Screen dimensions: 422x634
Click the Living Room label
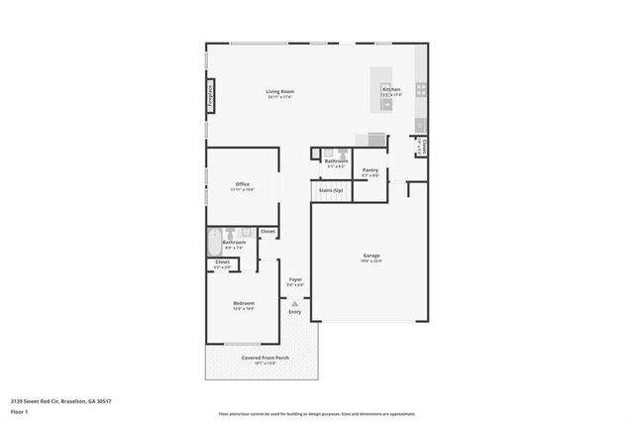pyautogui.click(x=280, y=91)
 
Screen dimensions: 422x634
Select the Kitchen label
pyautogui.click(x=391, y=90)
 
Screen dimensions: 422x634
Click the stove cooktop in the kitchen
pyautogui.click(x=421, y=89)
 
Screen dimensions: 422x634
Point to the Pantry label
pyautogui.click(x=370, y=169)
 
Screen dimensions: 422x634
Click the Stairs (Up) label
pyautogui.click(x=331, y=189)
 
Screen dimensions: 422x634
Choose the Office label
pyautogui.click(x=242, y=183)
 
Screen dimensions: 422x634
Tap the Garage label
pyautogui.click(x=370, y=256)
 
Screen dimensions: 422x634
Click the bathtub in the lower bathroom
pyautogui.click(x=215, y=243)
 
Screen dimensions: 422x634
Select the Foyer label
pyautogui.click(x=295, y=279)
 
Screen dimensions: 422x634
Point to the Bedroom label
pyautogui.click(x=244, y=303)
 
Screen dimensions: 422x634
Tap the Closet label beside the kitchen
pyautogui.click(x=423, y=144)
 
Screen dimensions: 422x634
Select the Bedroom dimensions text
pyautogui.click(x=244, y=309)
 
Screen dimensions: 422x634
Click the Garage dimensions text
pyautogui.click(x=370, y=262)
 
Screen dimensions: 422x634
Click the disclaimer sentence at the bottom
pyautogui.click(x=317, y=413)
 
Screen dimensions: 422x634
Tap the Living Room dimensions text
pyautogui.click(x=280, y=97)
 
